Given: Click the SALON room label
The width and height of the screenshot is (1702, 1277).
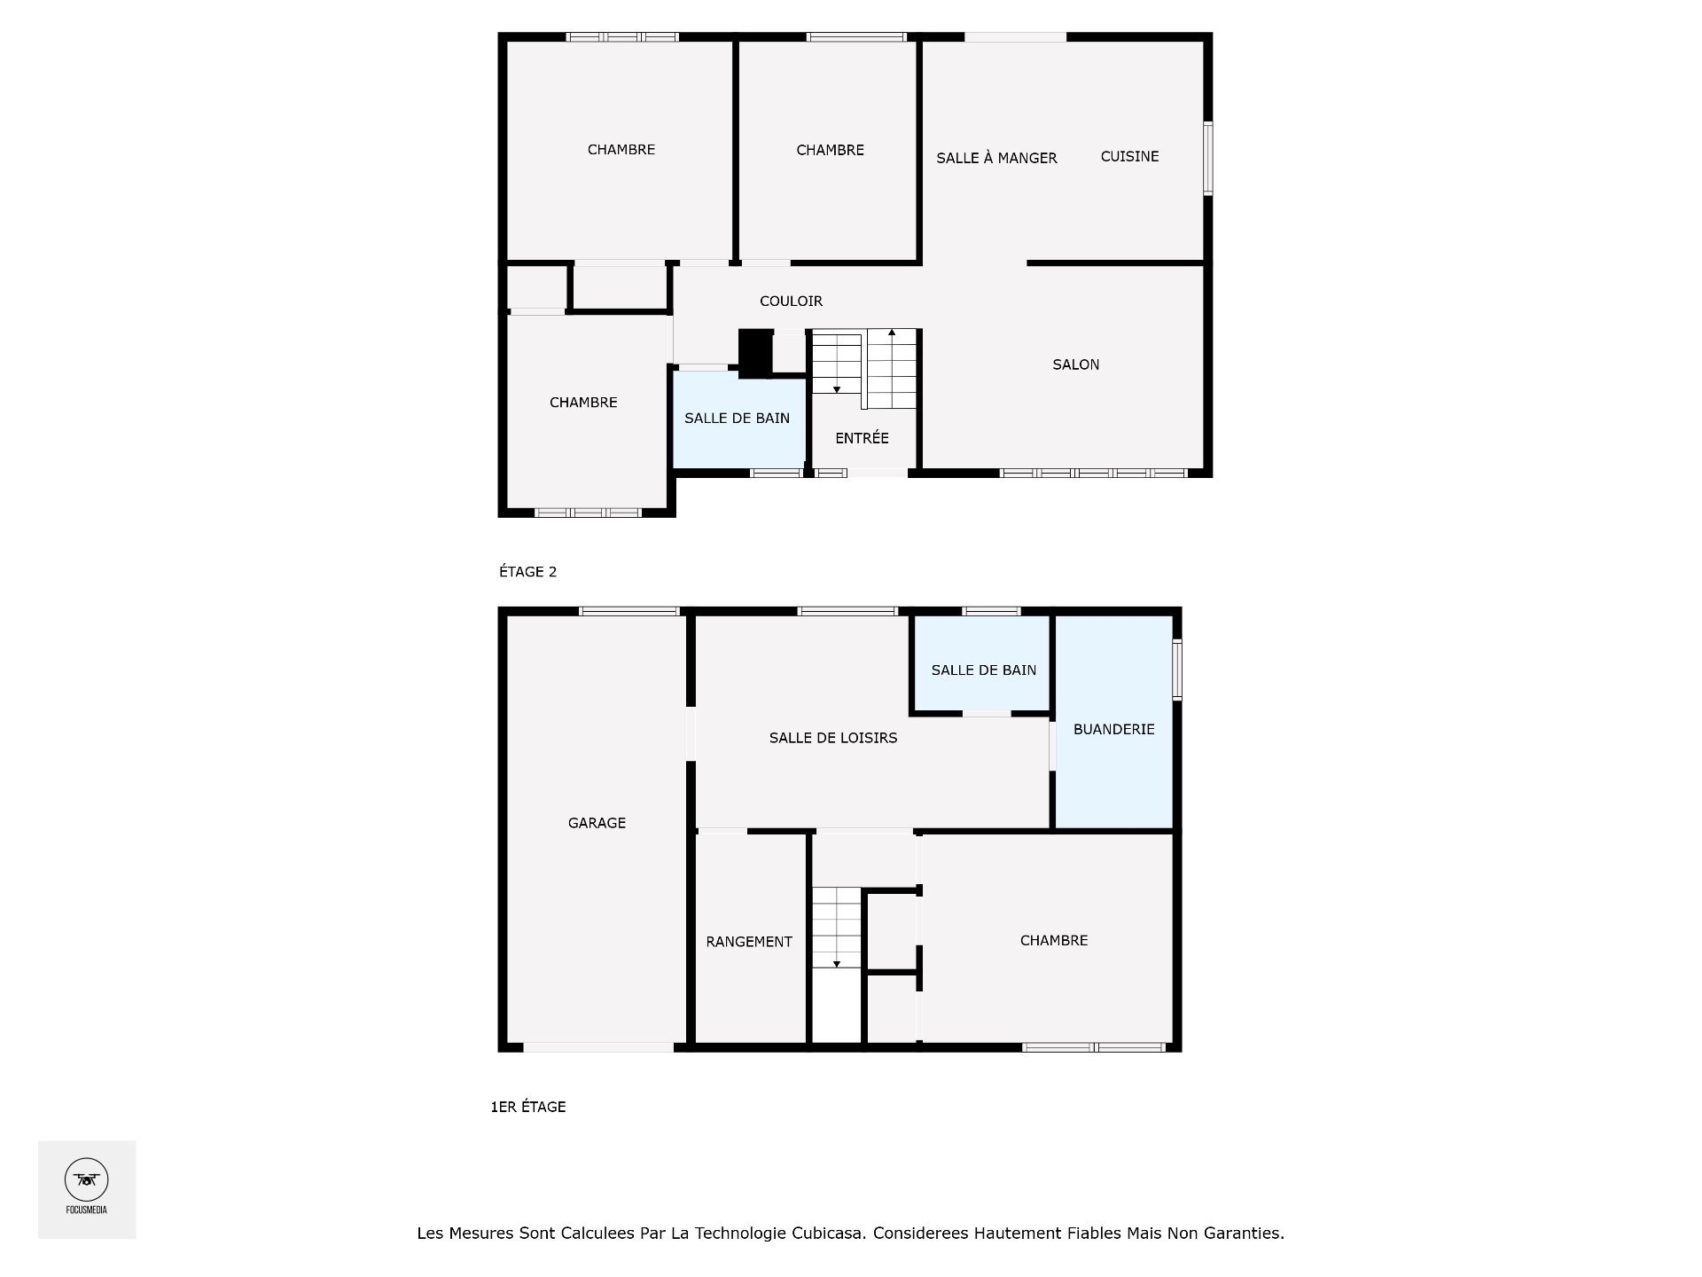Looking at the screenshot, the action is pos(1075,364).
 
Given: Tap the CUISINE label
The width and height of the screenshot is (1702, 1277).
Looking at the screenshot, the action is pos(1129,156).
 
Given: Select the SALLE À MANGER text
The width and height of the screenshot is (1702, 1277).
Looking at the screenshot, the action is pos(996,158).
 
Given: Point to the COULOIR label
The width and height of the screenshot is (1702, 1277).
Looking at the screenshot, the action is pos(791,302).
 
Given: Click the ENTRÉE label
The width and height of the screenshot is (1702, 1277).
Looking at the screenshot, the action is pos(862,438).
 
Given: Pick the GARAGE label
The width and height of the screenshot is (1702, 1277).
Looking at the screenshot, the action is pos(597,823).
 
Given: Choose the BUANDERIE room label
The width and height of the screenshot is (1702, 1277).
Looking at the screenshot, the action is pos(1113,729).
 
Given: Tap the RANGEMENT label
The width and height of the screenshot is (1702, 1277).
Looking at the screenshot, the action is pos(749,942).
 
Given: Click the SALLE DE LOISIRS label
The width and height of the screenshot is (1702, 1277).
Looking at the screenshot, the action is pos(833,738).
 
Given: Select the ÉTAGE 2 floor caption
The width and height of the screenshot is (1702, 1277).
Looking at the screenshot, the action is pos(527,572).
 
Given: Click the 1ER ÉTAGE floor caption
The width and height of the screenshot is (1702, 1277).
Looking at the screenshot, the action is pos(528,1107).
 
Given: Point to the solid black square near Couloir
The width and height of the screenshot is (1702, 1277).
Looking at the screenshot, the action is pos(756,354).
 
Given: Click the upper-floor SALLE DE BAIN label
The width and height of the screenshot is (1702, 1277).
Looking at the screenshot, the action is pos(737,419).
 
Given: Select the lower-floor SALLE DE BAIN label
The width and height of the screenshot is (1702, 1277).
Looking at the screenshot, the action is pos(984,670).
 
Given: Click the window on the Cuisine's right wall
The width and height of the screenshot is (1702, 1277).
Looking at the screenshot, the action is pos(1207,158).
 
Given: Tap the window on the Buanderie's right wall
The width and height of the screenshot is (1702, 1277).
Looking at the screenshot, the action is pos(1177,670).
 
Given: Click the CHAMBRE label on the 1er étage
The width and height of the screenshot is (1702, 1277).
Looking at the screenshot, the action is pos(1053,941).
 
